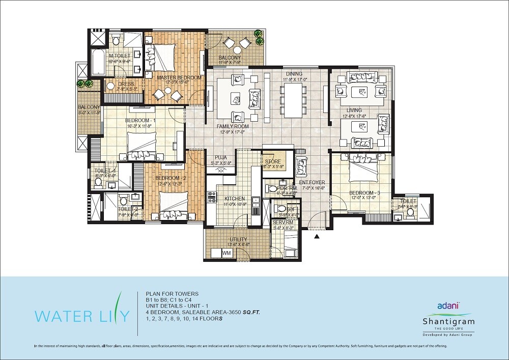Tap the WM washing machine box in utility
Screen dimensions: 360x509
(227, 253)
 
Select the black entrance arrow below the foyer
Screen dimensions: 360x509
(317, 236)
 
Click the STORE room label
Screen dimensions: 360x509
(273, 161)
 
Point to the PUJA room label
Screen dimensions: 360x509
(220, 157)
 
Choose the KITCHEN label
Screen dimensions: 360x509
(235, 199)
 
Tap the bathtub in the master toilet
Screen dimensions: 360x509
(98, 63)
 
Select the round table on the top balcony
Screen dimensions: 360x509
(237, 50)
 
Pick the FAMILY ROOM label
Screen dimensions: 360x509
(232, 126)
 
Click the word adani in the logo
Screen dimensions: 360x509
(448, 306)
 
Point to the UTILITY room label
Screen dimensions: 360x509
(238, 239)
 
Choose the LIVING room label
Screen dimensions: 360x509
(354, 110)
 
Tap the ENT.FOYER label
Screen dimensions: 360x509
(312, 182)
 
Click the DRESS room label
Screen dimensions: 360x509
(126, 84)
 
